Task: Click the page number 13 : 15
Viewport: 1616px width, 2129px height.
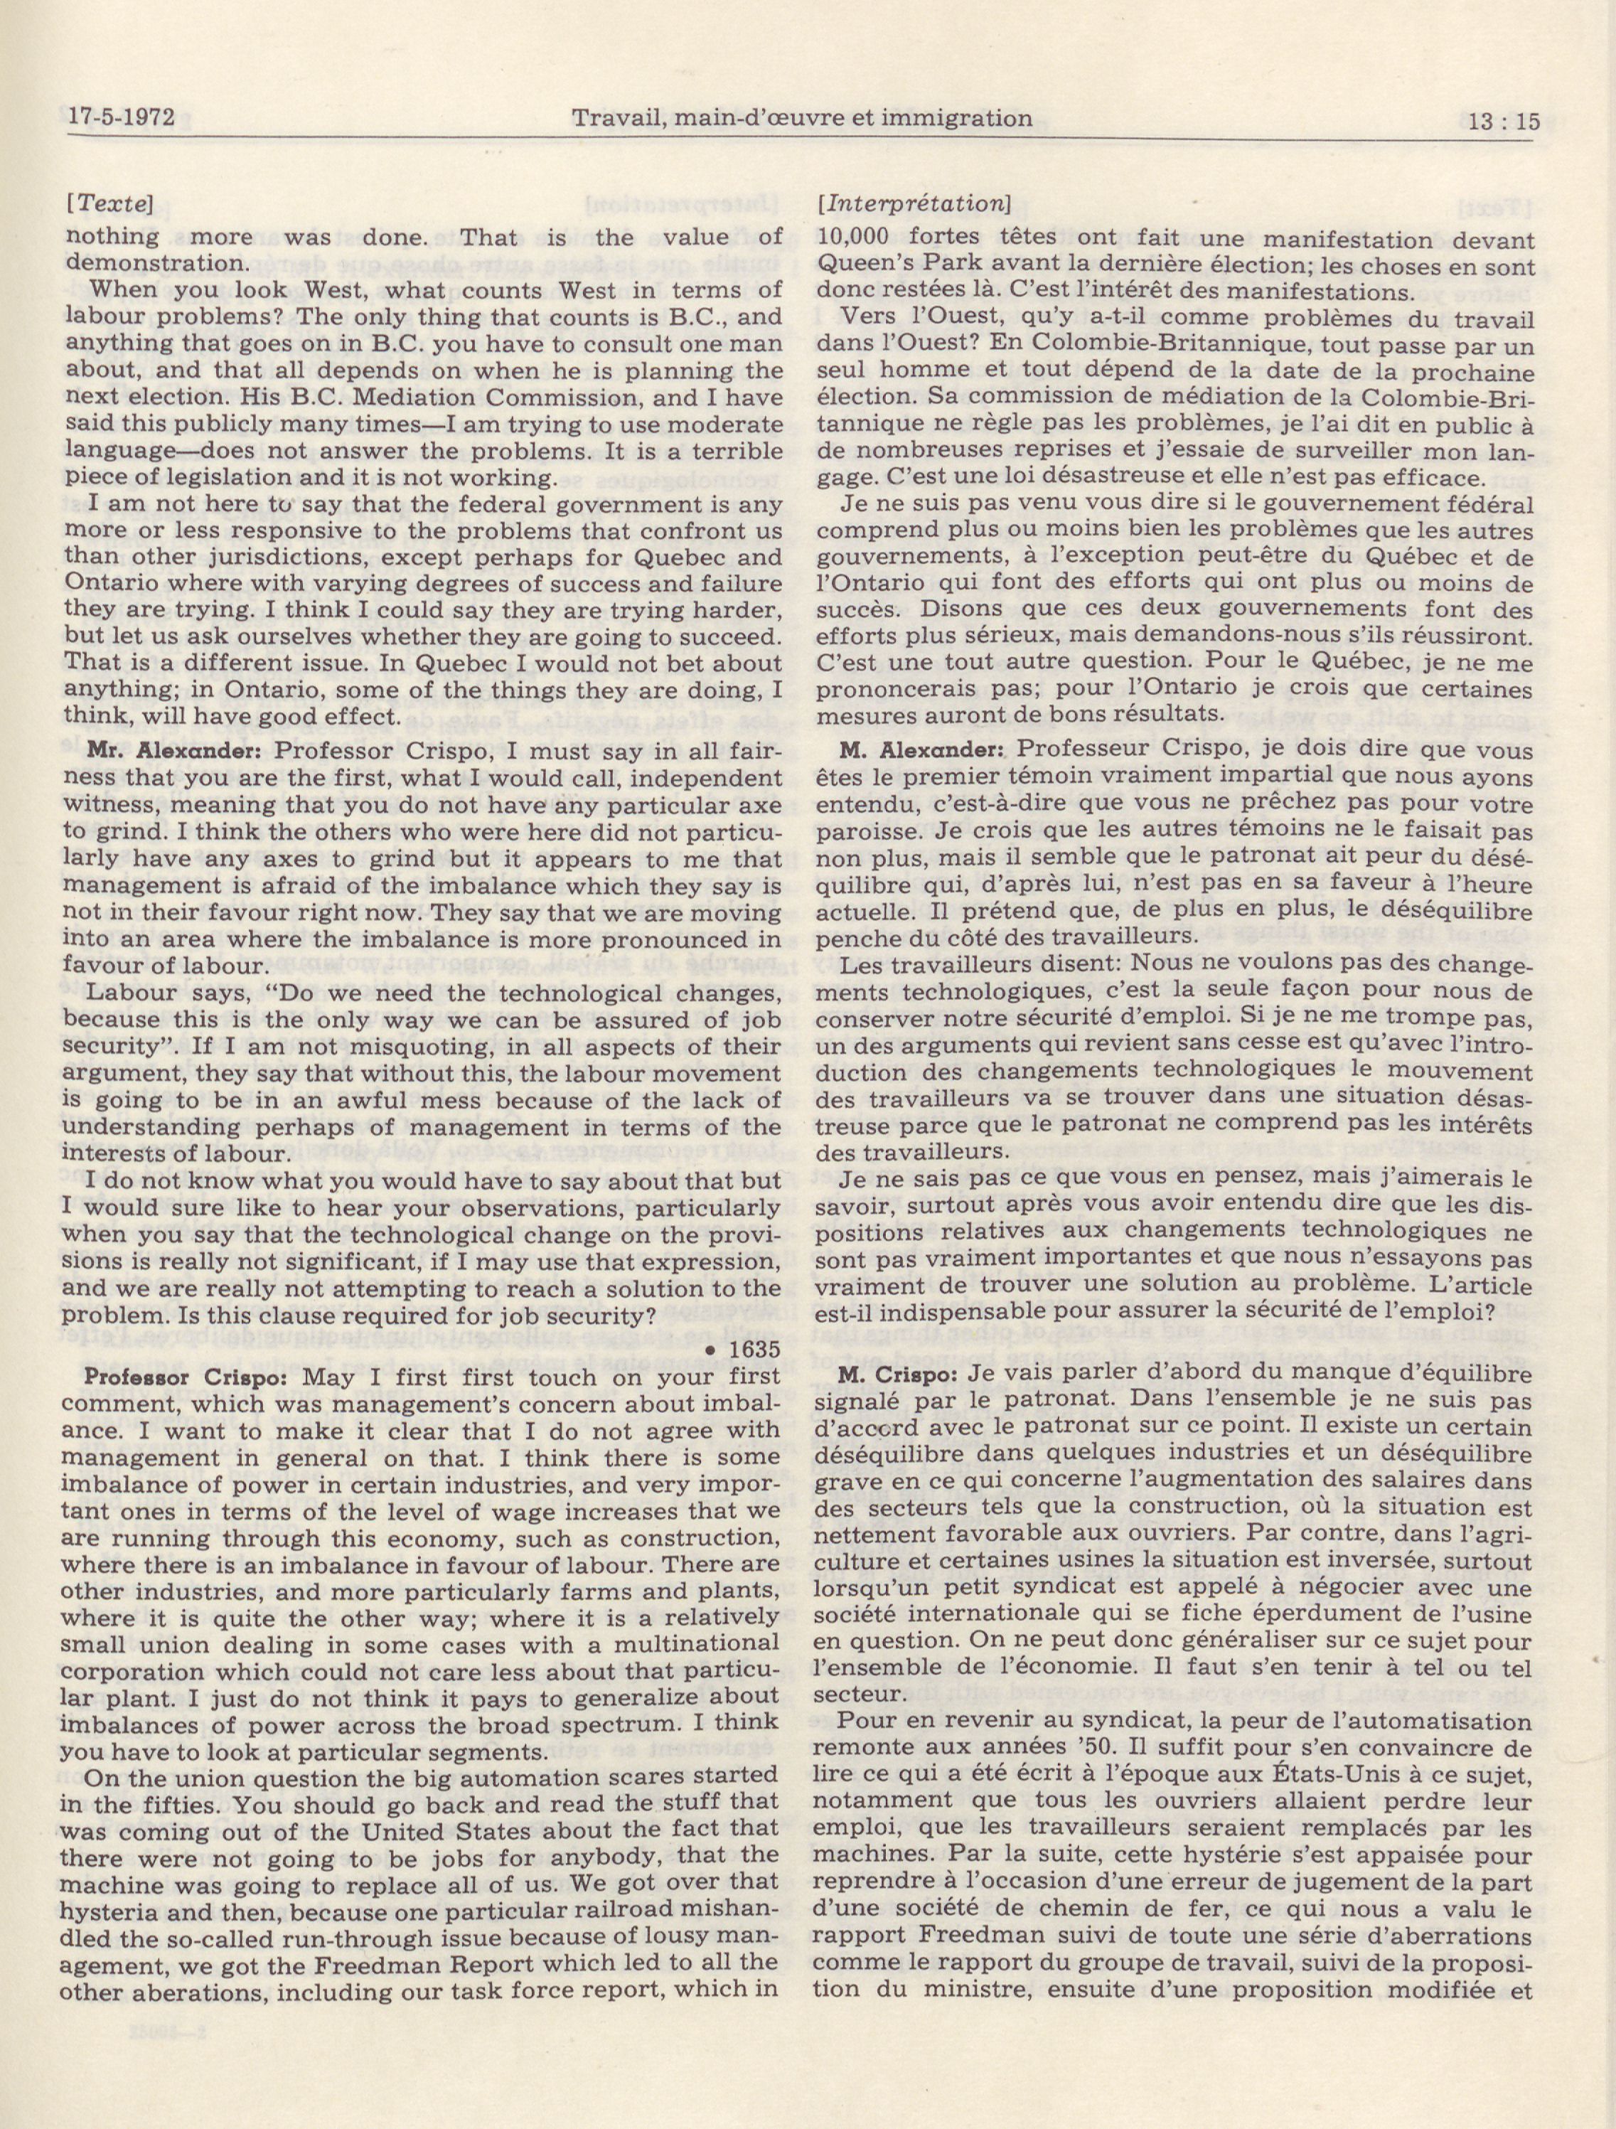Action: [1504, 122]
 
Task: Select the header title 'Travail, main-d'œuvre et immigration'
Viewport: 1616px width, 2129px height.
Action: [802, 118]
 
